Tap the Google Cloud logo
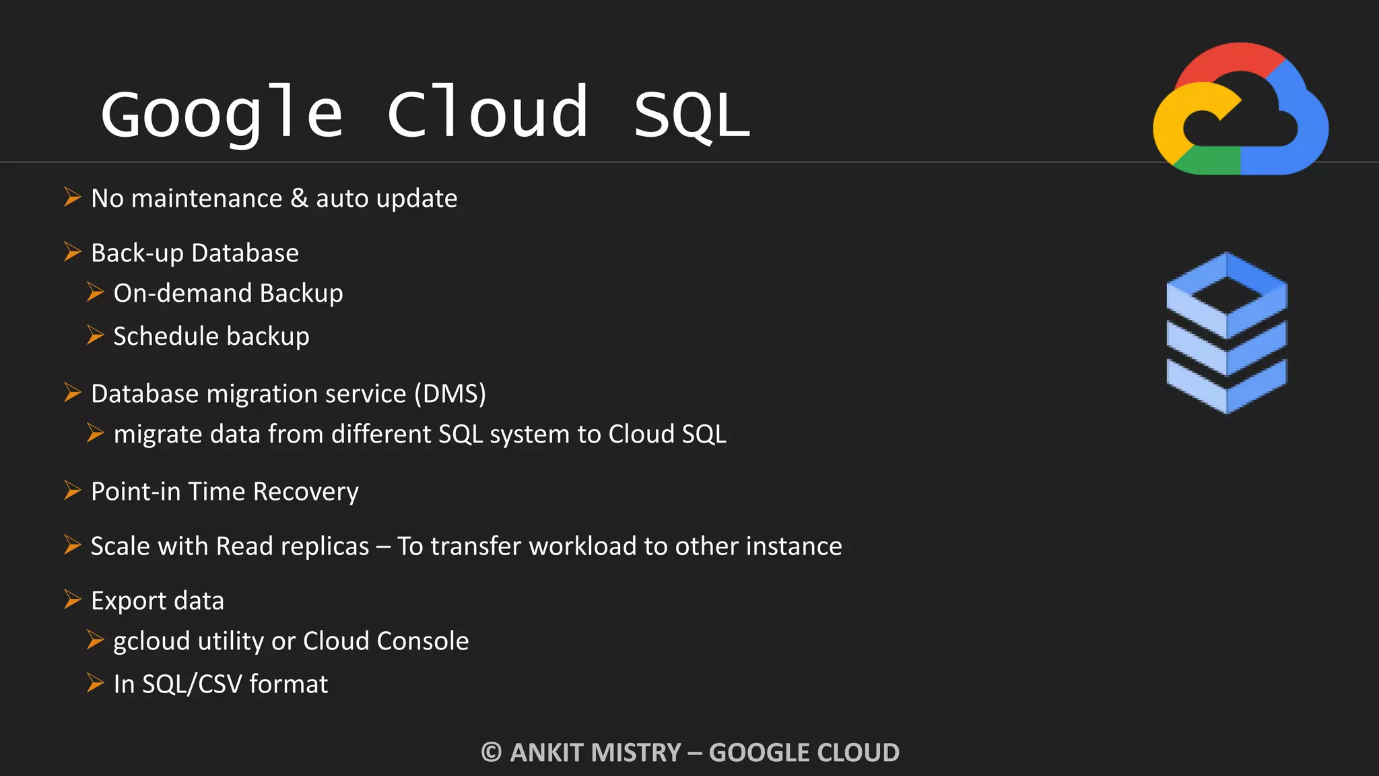click(x=1240, y=109)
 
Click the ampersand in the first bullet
click(x=299, y=198)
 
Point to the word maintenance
click(x=207, y=199)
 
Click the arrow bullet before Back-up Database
click(x=72, y=252)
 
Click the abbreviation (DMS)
click(x=450, y=393)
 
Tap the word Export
click(x=129, y=601)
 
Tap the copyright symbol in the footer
click(x=492, y=752)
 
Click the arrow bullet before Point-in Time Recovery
click(x=72, y=490)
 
